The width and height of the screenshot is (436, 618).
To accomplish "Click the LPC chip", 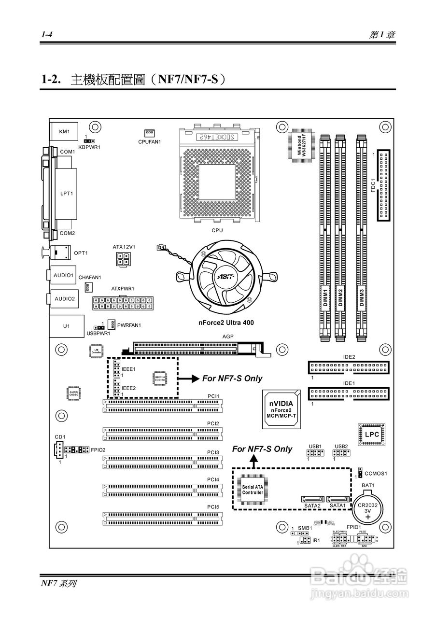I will [372, 435].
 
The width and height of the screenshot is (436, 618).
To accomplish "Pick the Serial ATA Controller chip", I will [253, 490].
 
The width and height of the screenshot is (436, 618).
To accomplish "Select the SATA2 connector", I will [312, 499].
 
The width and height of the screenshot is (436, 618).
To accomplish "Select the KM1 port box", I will [64, 131].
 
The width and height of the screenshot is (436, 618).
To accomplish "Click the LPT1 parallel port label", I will [66, 194].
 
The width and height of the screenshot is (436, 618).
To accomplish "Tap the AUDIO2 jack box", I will [64, 299].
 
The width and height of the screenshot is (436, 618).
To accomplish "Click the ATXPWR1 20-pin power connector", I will [123, 303].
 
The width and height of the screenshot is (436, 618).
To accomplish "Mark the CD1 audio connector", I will [59, 449].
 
